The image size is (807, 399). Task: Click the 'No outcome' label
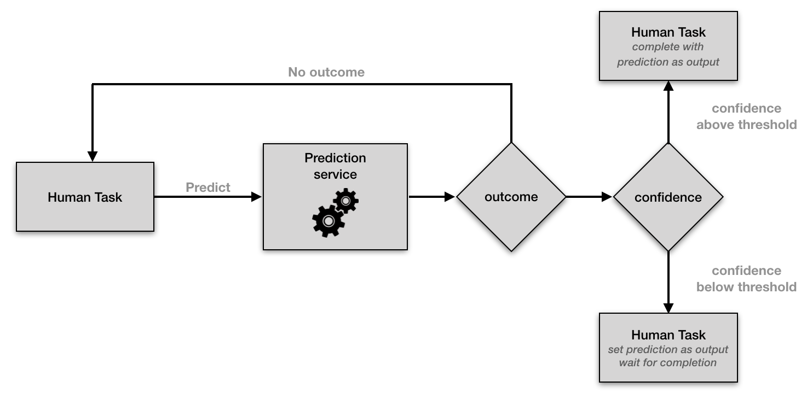[x=326, y=72]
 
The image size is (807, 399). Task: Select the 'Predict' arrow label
[x=208, y=187]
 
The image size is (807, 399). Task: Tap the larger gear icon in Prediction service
[x=328, y=221]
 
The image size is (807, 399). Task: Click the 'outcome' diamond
[x=511, y=197]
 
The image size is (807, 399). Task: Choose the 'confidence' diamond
[x=668, y=197]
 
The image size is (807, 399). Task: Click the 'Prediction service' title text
[x=335, y=166]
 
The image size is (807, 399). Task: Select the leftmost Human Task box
[x=85, y=197]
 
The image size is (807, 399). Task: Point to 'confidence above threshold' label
[x=746, y=116]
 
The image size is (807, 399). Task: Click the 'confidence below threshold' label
[x=746, y=279]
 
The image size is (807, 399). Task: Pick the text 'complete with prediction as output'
[x=668, y=55]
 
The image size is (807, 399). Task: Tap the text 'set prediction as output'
[x=668, y=349]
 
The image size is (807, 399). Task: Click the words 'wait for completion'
[x=668, y=362]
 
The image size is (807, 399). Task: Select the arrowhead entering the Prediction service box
[x=257, y=197]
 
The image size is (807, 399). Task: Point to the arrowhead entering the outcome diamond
[x=450, y=197]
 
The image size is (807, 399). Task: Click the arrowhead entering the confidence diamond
[x=607, y=197]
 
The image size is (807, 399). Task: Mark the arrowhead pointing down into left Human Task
[x=93, y=156]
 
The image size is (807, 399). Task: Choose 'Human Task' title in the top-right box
[x=668, y=32]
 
